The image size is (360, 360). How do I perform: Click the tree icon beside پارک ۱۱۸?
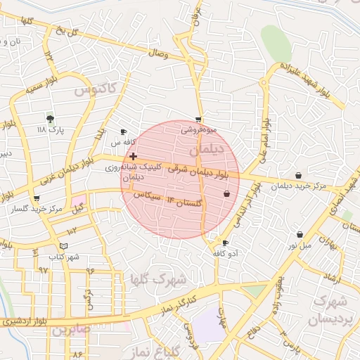(50, 118)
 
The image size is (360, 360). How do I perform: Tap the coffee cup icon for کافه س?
(124, 131)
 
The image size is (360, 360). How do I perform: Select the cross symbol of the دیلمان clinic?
(134, 155)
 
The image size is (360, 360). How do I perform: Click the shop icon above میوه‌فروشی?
(199, 120)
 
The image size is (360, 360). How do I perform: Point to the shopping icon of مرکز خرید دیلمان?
(299, 175)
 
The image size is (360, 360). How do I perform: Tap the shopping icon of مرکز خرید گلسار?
(37, 199)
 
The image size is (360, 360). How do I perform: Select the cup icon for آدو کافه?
(225, 243)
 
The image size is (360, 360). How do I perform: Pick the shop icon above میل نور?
(300, 234)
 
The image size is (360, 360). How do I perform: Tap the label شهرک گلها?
(157, 279)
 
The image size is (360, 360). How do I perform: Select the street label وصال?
(158, 53)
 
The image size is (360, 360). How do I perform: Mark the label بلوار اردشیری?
(24, 321)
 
